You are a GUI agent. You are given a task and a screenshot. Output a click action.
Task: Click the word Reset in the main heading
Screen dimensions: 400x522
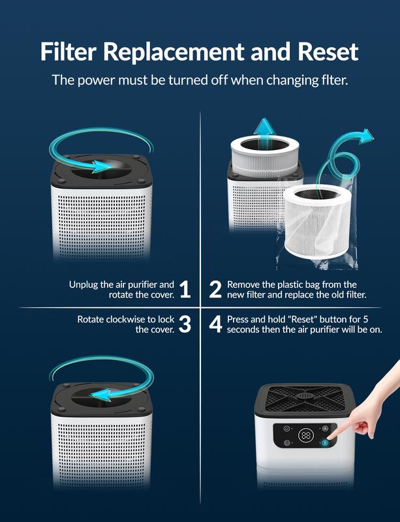click(328, 52)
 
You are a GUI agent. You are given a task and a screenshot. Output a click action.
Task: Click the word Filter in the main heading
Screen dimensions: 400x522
click(69, 52)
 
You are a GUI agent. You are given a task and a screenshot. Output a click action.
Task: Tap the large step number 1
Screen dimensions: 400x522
click(185, 289)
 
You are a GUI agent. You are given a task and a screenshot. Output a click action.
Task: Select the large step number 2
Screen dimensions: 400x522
click(215, 289)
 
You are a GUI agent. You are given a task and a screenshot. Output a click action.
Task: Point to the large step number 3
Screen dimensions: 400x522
click(185, 324)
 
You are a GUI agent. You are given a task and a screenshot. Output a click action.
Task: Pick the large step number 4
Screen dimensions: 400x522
click(215, 324)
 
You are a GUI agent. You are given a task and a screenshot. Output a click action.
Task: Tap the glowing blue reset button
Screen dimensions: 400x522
click(324, 443)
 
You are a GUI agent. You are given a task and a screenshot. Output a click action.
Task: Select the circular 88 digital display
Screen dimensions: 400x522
click(306, 435)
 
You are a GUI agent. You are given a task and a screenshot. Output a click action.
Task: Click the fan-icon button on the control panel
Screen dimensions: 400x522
click(326, 428)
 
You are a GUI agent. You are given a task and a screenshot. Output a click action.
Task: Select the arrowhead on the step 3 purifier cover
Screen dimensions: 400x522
click(100, 395)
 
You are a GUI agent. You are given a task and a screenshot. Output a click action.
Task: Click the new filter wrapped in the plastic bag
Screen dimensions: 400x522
click(317, 222)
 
